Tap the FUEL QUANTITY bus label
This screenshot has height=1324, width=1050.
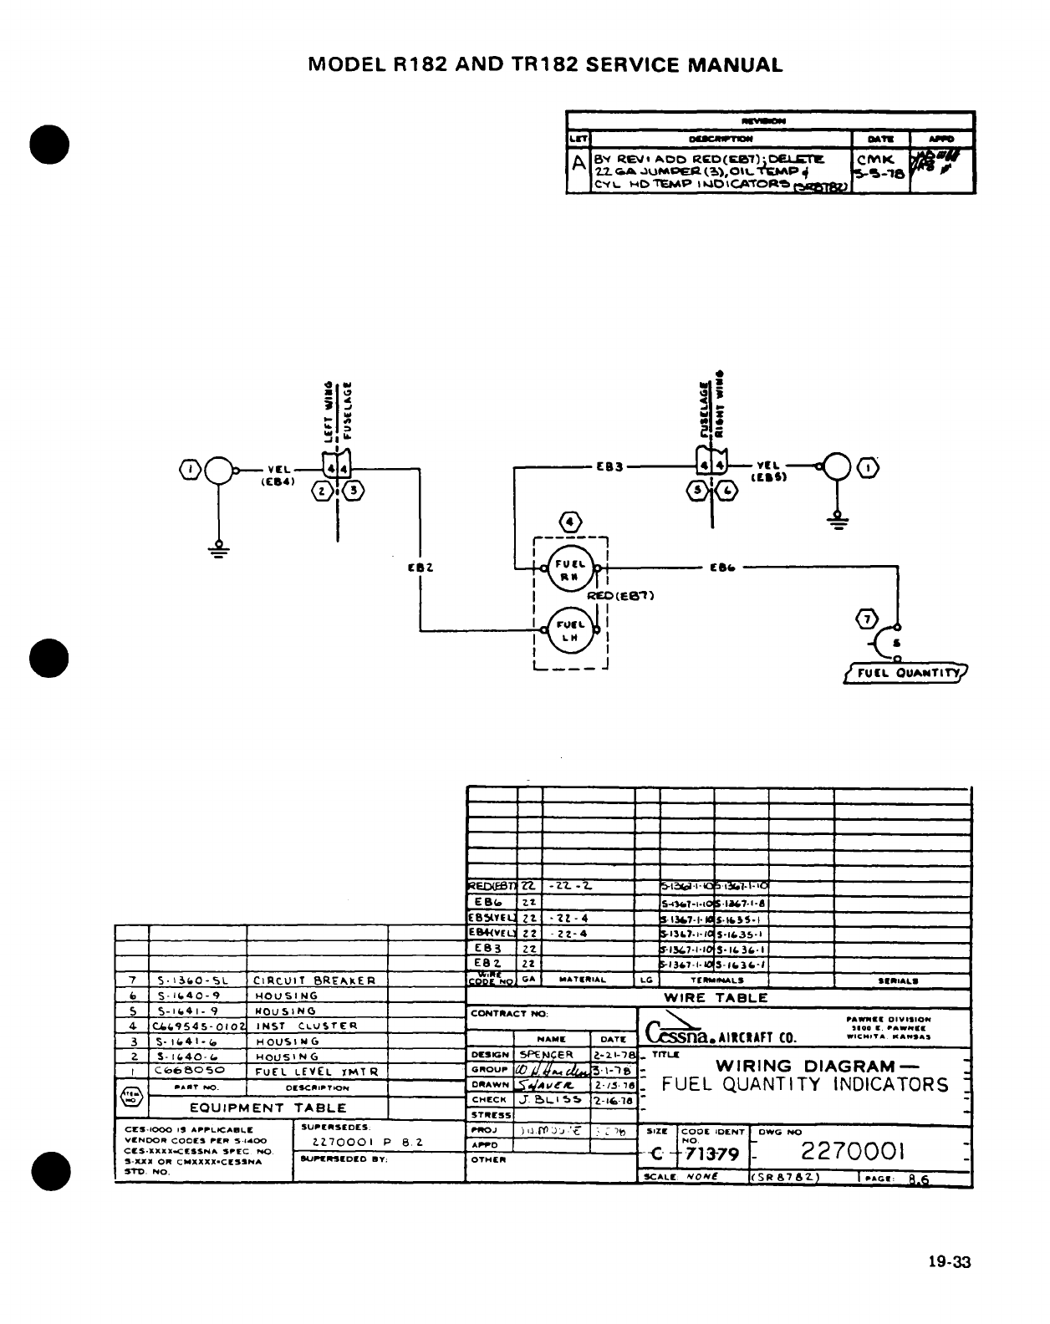905,674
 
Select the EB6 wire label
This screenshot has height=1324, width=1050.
722,568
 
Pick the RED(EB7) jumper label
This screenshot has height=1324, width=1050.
620,596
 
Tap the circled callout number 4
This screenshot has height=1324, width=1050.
570,522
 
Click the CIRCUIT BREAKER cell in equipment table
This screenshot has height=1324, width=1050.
314,980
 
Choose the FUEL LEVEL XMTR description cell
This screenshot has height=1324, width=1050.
317,1072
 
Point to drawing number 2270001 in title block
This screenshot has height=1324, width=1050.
853,1153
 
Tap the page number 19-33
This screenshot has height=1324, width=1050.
950,1263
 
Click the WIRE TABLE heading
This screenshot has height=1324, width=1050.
716,997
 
